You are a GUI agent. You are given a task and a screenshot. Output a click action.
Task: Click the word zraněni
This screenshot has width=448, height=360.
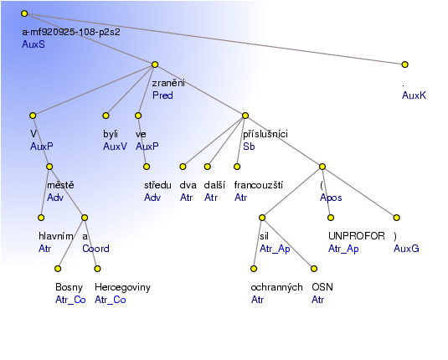168,83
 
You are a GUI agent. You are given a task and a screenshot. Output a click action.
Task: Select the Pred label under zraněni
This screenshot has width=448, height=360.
162,95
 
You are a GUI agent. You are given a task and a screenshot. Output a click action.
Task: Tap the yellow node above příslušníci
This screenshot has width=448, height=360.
245,116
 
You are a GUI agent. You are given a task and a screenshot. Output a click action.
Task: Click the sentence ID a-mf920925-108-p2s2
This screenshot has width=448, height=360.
71,32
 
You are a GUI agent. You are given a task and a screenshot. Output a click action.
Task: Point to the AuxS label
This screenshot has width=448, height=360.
33,44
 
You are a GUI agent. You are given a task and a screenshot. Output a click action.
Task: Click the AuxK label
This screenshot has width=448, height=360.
414,95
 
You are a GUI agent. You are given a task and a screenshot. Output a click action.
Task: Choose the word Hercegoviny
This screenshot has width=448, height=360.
122,287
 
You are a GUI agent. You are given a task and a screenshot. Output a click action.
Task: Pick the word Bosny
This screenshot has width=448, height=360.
70,287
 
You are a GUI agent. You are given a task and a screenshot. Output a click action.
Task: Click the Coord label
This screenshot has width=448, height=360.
95,249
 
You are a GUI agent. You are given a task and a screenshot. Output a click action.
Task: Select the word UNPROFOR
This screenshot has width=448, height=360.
357,236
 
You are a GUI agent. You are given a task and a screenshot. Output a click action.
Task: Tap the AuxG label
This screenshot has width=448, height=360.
406,249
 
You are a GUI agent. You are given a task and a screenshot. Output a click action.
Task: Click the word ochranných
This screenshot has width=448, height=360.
276,287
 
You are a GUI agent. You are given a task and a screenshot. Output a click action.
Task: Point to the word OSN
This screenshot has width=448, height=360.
322,287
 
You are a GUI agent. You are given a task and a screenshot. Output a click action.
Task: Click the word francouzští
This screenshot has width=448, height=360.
259,185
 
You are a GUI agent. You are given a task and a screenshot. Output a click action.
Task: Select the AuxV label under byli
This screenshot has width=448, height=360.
115,147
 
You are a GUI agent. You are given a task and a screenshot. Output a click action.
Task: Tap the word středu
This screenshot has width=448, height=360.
157,185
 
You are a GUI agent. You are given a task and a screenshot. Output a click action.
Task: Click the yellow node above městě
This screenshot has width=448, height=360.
49,167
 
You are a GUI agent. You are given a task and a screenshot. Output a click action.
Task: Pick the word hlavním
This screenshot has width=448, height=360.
56,236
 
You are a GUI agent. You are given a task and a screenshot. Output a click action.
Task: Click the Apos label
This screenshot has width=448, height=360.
331,198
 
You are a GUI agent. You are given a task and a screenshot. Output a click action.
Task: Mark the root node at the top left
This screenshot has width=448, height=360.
24,13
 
